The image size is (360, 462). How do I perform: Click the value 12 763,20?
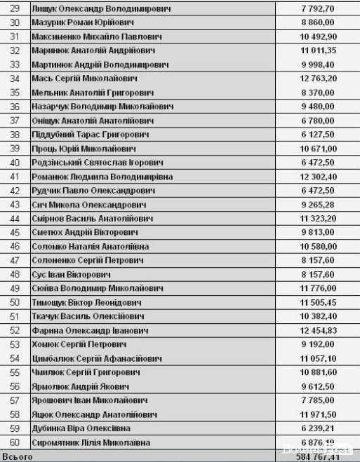click(x=318, y=78)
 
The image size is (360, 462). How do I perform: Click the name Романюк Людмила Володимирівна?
click(x=102, y=176)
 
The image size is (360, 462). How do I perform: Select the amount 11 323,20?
click(x=318, y=218)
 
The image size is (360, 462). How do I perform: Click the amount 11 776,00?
click(x=318, y=288)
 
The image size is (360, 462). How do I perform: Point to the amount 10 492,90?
click(x=318, y=36)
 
